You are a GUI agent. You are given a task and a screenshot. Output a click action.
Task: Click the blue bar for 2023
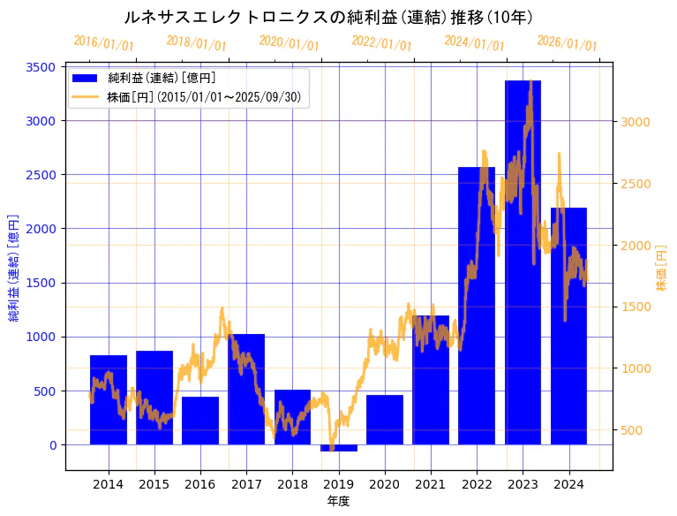pyautogui.click(x=523, y=265)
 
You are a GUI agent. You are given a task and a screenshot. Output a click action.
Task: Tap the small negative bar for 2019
pyautogui.click(x=339, y=448)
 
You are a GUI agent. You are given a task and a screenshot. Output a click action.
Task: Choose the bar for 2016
pyautogui.click(x=200, y=421)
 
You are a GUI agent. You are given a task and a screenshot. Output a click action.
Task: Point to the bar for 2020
pyautogui.click(x=385, y=420)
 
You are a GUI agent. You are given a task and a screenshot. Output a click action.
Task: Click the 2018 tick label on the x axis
pyautogui.click(x=292, y=483)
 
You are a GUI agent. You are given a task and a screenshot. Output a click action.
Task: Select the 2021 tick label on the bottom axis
pyautogui.click(x=430, y=483)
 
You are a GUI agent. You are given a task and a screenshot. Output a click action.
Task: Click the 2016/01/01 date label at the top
pyautogui.click(x=103, y=43)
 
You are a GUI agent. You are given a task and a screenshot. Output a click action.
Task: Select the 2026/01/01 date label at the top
pyautogui.click(x=567, y=43)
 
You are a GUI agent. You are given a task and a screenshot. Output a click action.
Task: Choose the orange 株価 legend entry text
pyautogui.click(x=207, y=97)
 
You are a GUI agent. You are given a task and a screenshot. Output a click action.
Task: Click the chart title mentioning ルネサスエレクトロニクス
pyautogui.click(x=327, y=18)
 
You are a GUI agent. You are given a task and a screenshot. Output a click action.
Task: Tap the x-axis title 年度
pyautogui.click(x=338, y=501)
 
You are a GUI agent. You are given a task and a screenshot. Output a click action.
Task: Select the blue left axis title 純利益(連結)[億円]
pyautogui.click(x=13, y=266)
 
